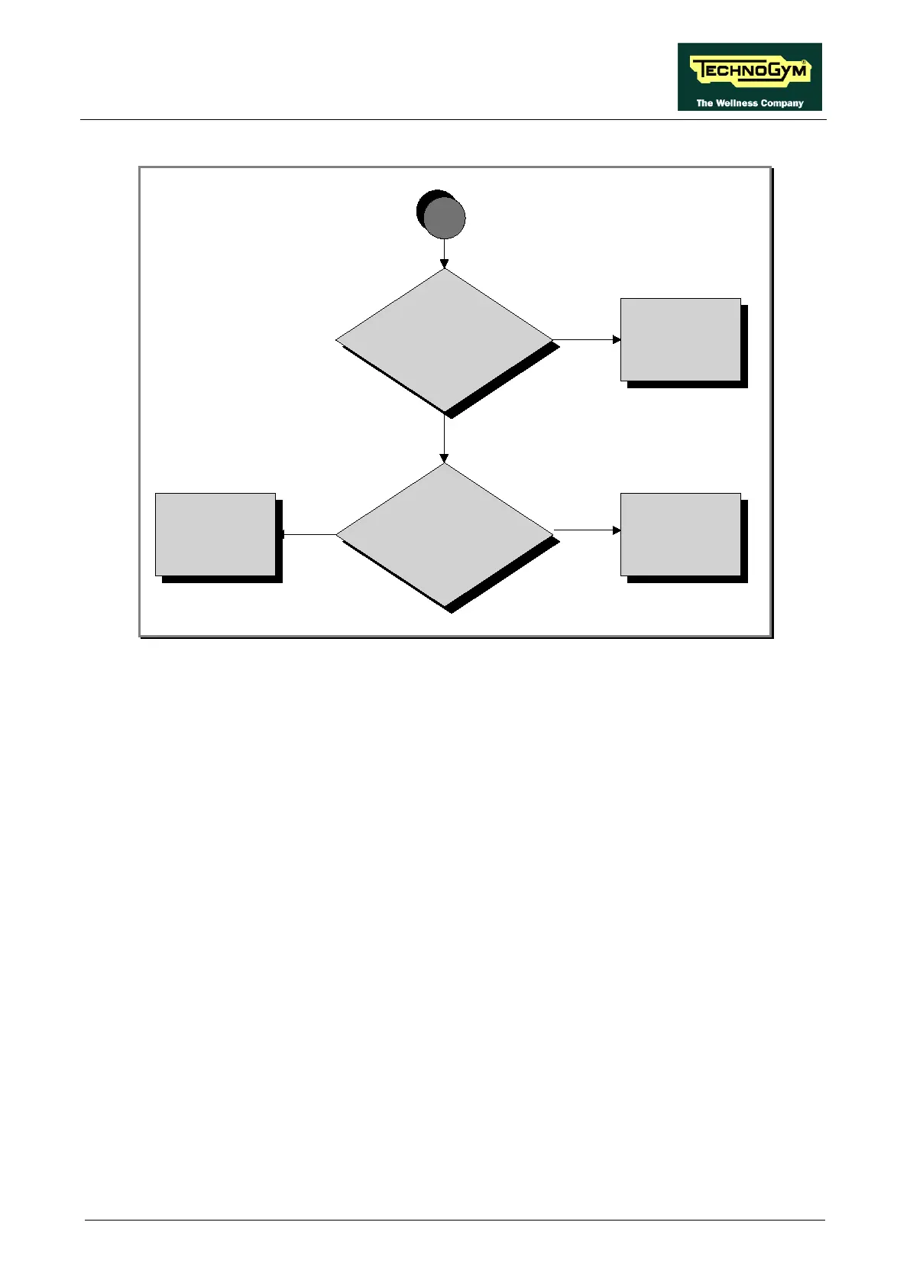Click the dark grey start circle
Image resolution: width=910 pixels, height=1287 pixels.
(444, 218)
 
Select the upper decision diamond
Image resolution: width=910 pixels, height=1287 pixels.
(444, 339)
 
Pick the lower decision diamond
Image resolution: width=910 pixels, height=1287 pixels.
(444, 534)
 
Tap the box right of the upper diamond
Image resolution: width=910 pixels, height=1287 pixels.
(680, 339)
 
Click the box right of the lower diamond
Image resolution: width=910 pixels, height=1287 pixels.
(680, 534)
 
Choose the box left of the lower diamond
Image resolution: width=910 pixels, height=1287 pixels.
(215, 534)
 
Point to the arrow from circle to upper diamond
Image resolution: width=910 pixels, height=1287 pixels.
(444, 253)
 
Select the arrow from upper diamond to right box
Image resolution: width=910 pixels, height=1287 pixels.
(586, 339)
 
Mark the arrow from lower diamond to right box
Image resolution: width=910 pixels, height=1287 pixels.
(586, 530)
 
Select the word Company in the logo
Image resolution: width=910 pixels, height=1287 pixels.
(782, 103)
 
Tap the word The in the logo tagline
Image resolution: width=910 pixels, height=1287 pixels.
(704, 103)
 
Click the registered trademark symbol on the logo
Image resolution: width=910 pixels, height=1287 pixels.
(805, 61)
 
